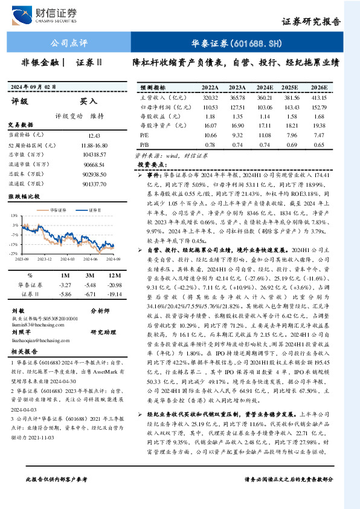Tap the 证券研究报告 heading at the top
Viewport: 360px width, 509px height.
(x=312, y=21)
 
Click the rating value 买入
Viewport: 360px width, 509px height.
(x=88, y=102)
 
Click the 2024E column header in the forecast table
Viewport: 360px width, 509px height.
(x=263, y=87)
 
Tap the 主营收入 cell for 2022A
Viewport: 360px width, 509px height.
(x=210, y=97)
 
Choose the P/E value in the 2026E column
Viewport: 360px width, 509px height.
(x=318, y=135)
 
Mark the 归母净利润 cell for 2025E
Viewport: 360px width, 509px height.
(x=292, y=106)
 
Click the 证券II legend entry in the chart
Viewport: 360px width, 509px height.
(x=90, y=209)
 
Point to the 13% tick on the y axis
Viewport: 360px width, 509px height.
(x=13, y=215)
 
